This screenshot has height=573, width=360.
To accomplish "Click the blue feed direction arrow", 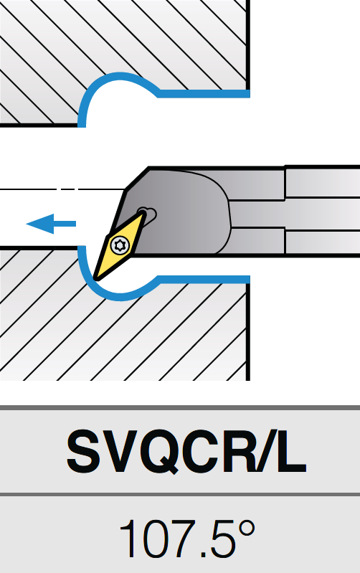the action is [x=51, y=224].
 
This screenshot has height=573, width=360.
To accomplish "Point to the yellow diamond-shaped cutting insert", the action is [x=119, y=246].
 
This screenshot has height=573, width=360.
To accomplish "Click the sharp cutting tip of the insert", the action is [x=96, y=278].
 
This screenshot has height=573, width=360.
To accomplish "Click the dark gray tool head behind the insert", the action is [x=183, y=212].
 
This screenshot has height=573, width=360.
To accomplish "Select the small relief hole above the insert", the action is [x=149, y=214].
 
